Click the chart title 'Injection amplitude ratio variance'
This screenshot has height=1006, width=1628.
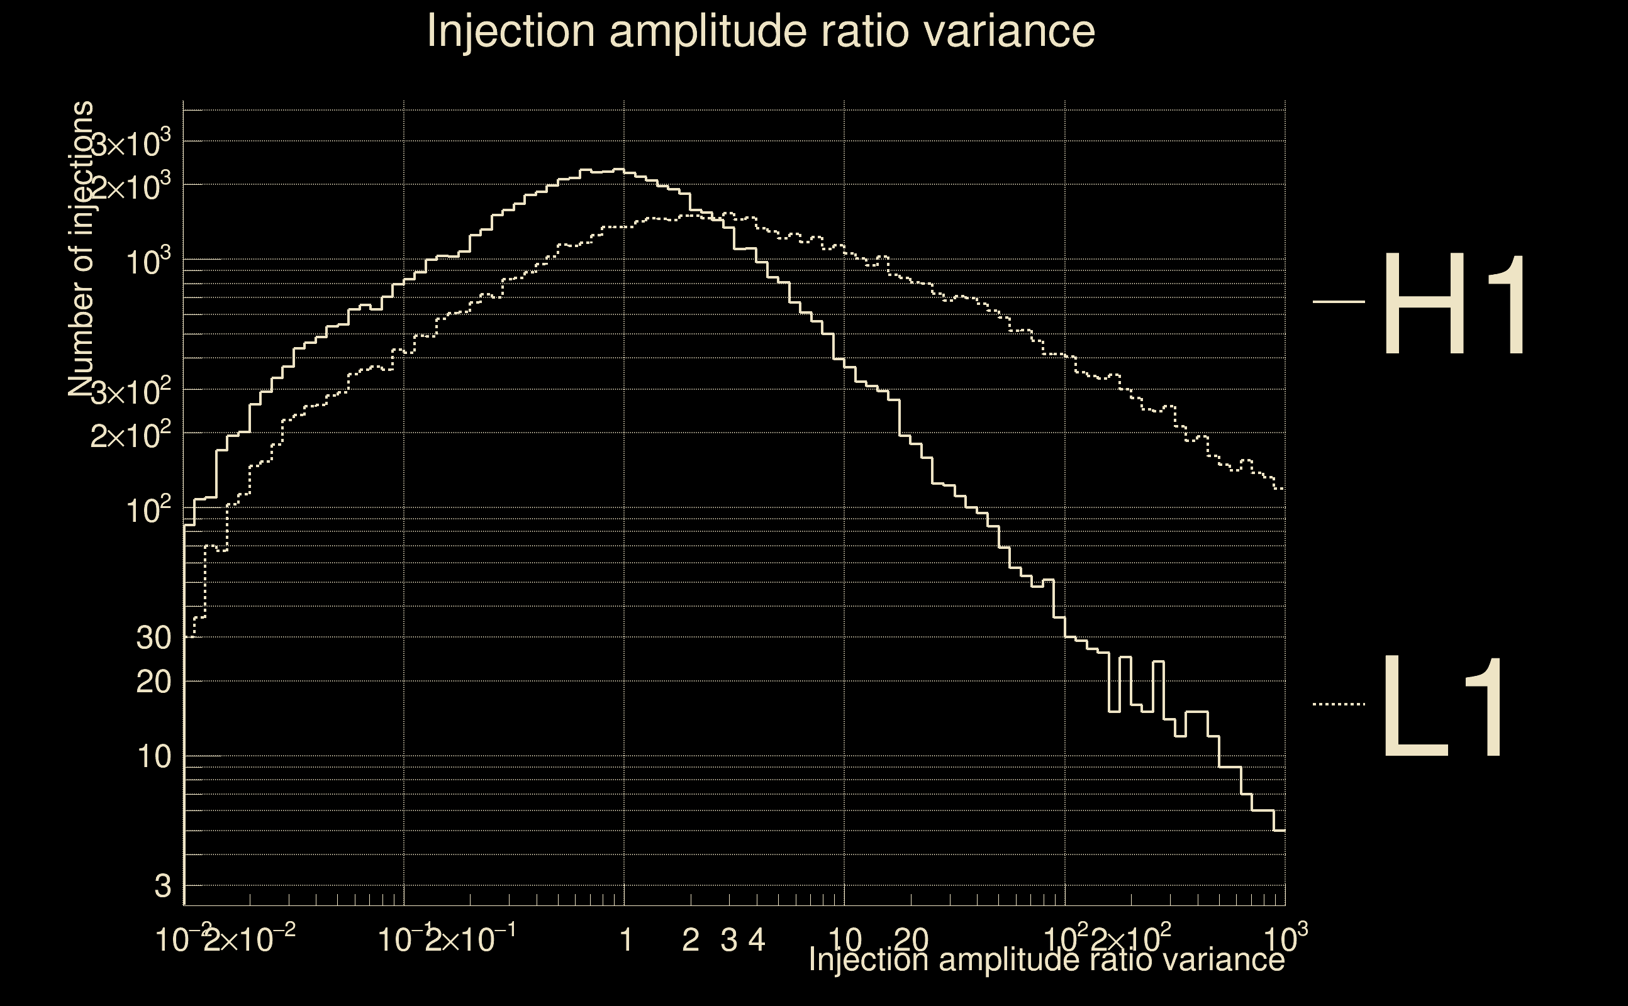pyautogui.click(x=760, y=31)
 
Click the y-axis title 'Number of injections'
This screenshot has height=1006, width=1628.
pyautogui.click(x=81, y=249)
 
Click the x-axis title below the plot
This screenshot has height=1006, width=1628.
pyautogui.click(x=1045, y=959)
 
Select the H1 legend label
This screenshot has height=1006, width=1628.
pyautogui.click(x=1454, y=306)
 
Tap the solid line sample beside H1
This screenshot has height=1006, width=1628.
pyautogui.click(x=1339, y=302)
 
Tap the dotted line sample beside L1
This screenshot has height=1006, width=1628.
pyautogui.click(x=1339, y=704)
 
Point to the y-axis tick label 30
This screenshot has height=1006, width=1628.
pyautogui.click(x=153, y=638)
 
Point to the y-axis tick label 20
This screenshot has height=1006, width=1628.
pyautogui.click(x=153, y=682)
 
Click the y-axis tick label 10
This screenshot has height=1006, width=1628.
pyautogui.click(x=154, y=756)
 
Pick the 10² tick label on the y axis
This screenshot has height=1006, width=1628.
pyautogui.click(x=148, y=511)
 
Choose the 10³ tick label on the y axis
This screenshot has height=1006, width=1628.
pyautogui.click(x=148, y=262)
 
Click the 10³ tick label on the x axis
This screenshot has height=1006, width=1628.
pyautogui.click(x=1285, y=938)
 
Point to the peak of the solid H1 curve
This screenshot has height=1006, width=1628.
pyautogui.click(x=619, y=170)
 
